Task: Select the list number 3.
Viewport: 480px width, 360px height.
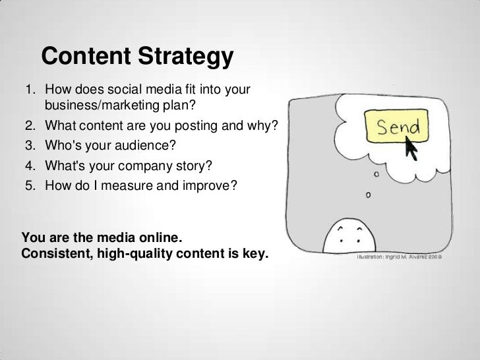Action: tap(30, 144)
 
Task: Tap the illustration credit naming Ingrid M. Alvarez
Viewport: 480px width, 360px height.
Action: tap(400, 258)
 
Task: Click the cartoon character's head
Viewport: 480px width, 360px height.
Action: tap(355, 238)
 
